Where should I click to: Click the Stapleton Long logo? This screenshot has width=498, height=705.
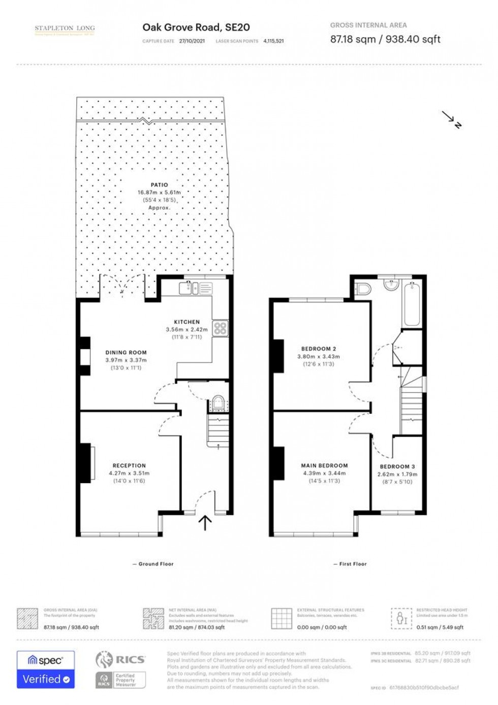(65, 30)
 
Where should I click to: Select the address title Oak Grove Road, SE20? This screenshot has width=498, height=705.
(196, 27)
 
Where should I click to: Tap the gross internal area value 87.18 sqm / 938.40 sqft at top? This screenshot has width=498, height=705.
(385, 39)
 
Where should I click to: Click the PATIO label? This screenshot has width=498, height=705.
(159, 185)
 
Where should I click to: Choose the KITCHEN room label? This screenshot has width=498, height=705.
(186, 322)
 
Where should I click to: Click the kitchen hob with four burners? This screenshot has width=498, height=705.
(220, 328)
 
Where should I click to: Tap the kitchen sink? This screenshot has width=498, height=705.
(189, 289)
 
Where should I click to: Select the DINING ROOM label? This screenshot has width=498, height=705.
(126, 352)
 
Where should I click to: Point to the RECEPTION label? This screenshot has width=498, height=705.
(129, 465)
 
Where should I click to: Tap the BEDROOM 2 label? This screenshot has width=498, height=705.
(319, 349)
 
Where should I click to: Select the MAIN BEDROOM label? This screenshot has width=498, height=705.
(324, 465)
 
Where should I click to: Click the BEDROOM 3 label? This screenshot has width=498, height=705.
(397, 466)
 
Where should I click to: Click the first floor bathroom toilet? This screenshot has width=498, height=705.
(362, 289)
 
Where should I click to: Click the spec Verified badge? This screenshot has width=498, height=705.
(46, 669)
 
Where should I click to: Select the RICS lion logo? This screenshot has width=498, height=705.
(104, 660)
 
